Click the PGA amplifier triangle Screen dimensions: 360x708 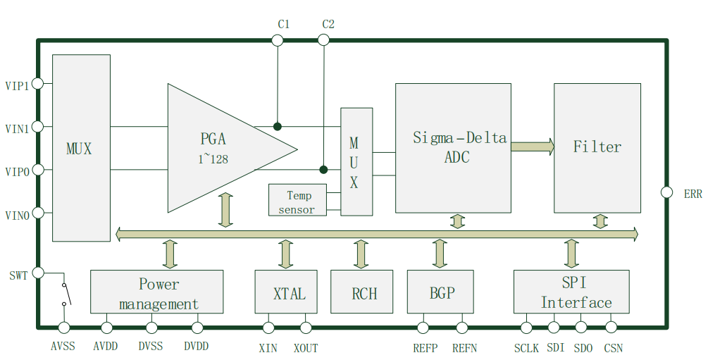[218, 148]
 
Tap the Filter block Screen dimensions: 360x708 [597, 147]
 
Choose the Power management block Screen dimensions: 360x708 [156, 292]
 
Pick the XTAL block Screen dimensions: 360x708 [285, 292]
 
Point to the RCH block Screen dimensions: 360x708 [361, 292]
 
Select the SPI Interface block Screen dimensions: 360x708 [571, 292]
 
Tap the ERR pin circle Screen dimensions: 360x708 [666, 192]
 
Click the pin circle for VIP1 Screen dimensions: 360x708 [38, 83]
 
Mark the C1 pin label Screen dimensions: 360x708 [283, 24]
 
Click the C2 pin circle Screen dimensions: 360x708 [323, 40]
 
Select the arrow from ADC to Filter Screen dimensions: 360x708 [533, 147]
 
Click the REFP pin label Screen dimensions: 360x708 [425, 348]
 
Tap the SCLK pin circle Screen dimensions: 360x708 [526, 327]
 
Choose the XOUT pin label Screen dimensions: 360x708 [306, 348]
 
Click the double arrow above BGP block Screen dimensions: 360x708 [440, 254]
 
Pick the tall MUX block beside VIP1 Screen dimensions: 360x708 [81, 148]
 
